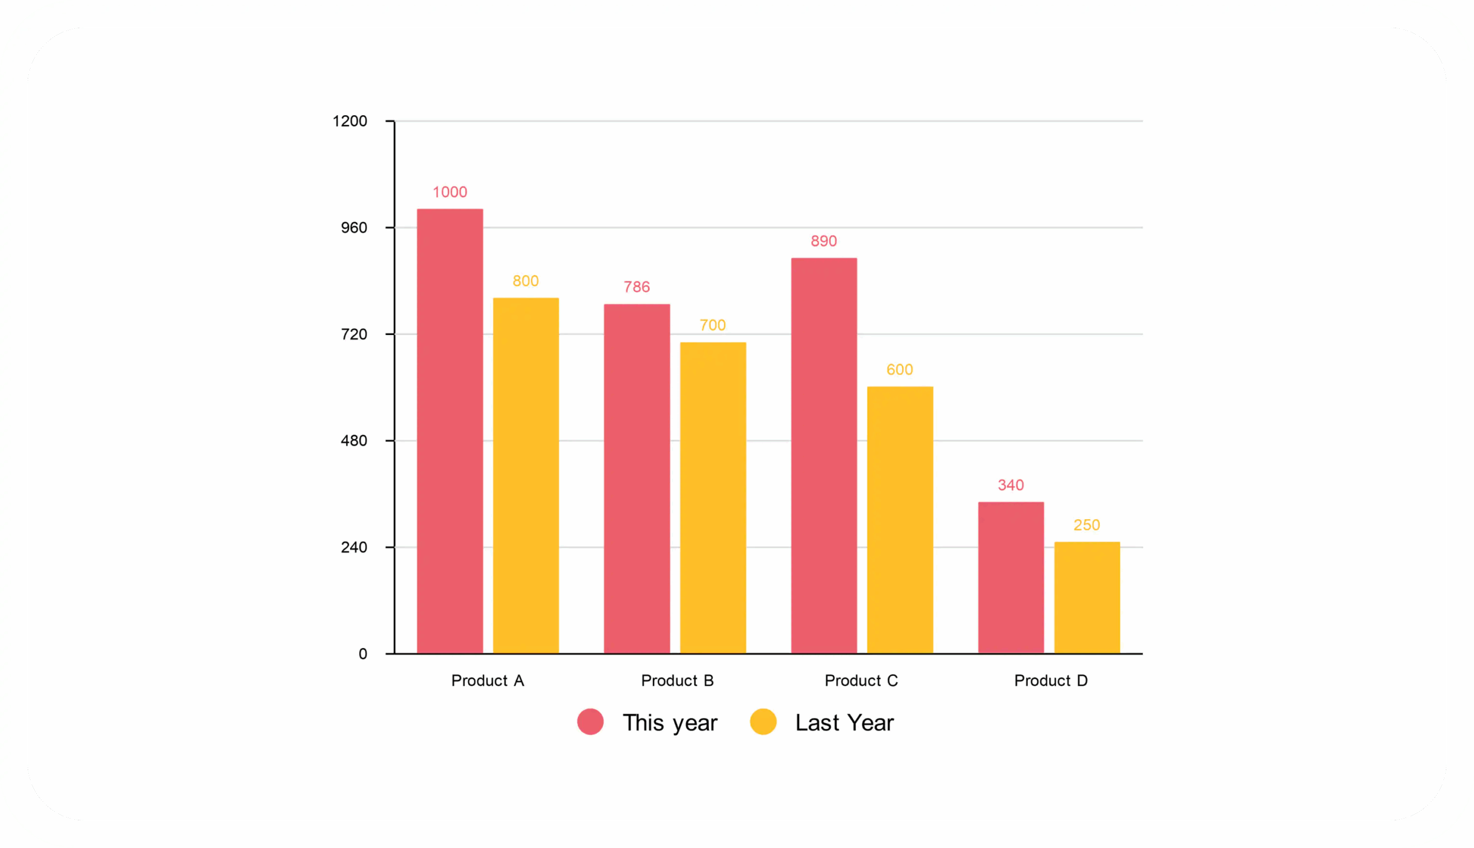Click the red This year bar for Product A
click(x=450, y=431)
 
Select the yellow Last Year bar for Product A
click(x=526, y=476)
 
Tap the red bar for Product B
click(x=637, y=478)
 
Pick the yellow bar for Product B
click(x=713, y=497)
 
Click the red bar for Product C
click(x=823, y=455)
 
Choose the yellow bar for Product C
click(x=900, y=519)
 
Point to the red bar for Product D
click(x=1010, y=577)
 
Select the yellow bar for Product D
click(x=1086, y=598)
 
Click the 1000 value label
click(x=450, y=192)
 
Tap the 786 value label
click(x=637, y=287)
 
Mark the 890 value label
click(x=823, y=241)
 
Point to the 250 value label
click(x=1086, y=526)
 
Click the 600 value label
click(x=900, y=370)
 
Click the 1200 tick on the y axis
click(x=349, y=121)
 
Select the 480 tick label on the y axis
click(x=354, y=441)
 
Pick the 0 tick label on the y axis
click(x=363, y=654)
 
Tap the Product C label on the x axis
click(x=861, y=681)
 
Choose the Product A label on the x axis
click(x=488, y=681)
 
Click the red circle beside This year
click(x=590, y=722)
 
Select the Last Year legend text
click(x=844, y=722)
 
